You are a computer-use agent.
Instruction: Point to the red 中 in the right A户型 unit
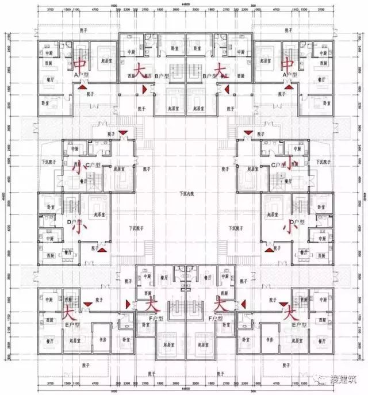(x=286, y=63)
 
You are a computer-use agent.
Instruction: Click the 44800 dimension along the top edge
(x=184, y=3)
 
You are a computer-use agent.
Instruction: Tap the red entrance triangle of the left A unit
(x=83, y=87)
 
